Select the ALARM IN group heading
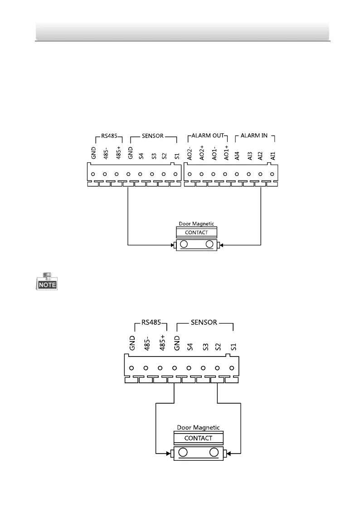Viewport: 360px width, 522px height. coord(254,136)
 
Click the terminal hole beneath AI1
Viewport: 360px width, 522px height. coord(272,174)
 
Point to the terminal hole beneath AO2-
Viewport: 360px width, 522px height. coord(190,174)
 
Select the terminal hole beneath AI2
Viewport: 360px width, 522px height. coord(260,174)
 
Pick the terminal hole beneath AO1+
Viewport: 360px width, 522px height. coord(225,174)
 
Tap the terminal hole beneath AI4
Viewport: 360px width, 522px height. coord(237,174)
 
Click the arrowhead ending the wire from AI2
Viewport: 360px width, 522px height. coord(222,246)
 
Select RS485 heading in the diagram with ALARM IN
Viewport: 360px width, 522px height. coord(107,136)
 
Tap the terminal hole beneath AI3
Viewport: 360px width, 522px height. coord(249,174)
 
